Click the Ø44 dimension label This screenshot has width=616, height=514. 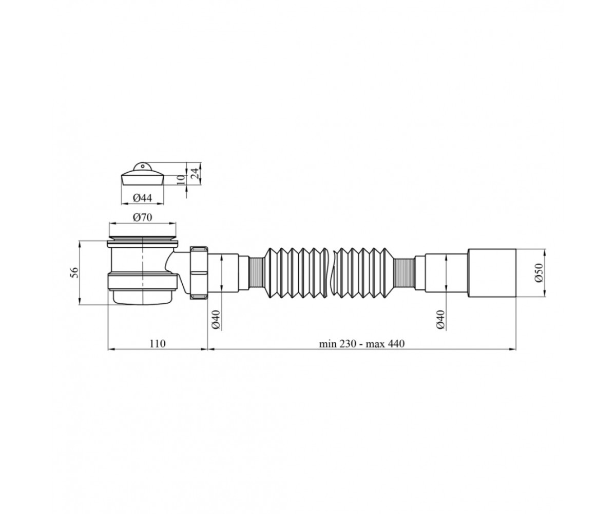pos(143,198)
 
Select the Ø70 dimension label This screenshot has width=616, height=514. pos(143,218)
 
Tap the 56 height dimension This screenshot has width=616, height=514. pos(74,272)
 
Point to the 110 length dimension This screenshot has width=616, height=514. pos(158,343)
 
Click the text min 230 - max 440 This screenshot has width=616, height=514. pos(362,343)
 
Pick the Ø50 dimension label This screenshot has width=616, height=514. pos(538,272)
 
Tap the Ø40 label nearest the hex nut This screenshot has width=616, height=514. pos(216,319)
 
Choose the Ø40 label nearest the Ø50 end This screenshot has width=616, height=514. pos(441,319)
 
